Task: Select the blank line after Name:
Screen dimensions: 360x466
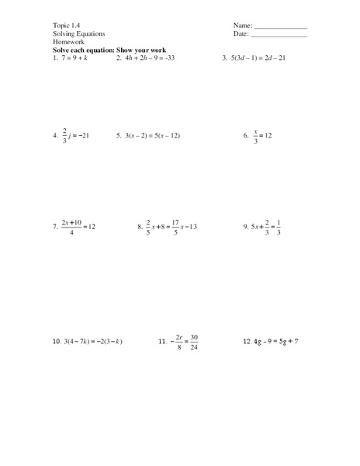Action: [280, 27]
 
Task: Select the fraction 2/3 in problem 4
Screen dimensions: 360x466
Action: [64, 135]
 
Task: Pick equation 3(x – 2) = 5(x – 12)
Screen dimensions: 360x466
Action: [158, 135]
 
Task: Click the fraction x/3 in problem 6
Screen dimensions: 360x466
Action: [255, 135]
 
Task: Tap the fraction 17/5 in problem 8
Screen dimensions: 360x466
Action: [177, 227]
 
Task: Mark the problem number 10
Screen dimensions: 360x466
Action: [57, 341]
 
